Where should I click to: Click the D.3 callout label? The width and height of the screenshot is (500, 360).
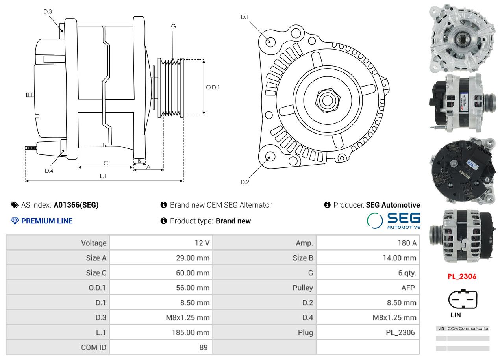point(48,11)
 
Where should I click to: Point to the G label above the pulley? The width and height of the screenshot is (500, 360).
point(173,26)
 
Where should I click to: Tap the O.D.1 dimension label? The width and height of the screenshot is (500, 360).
point(213,87)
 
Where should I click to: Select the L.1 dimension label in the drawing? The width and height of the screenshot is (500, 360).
point(103,176)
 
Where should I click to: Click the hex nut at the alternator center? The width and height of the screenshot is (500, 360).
point(326,100)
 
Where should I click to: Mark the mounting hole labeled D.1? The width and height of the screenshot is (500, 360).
point(270,41)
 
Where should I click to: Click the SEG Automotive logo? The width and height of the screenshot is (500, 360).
point(393,221)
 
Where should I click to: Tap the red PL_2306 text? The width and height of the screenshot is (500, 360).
point(462,276)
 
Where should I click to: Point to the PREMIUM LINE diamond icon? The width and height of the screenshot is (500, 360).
point(15,221)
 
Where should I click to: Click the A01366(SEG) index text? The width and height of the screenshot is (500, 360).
point(76,205)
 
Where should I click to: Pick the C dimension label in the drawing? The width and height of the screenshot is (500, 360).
point(106,163)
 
